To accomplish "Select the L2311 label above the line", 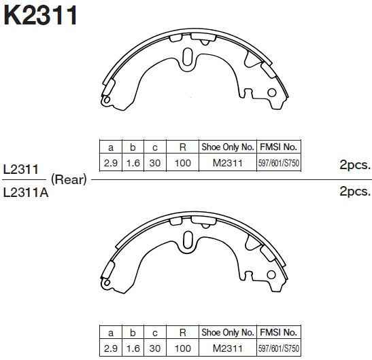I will pos(20,169).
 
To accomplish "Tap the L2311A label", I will pos(25,192).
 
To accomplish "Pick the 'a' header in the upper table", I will pos(110,147).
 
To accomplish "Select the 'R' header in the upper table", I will pos(182,147).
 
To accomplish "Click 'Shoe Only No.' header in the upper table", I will pos(227,147).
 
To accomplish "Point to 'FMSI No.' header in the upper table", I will pos(279,147).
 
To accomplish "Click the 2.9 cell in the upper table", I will pos(110,163).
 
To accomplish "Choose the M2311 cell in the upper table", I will pos(227,163).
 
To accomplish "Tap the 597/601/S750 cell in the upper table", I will pos(279,163).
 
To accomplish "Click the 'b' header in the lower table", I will pos(133,333).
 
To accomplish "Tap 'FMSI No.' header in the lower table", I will pos(279,333).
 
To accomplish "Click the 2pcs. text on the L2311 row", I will pos(354,164).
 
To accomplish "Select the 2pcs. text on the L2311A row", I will pos(354,192).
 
